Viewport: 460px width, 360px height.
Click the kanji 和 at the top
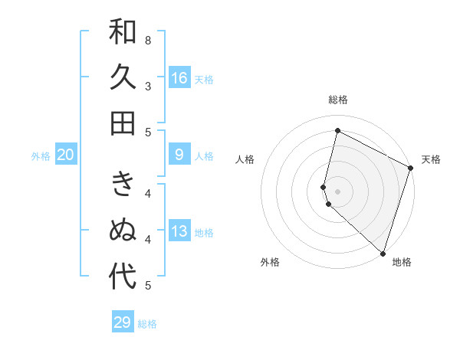click(x=123, y=33)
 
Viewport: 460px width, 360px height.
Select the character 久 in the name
click(x=123, y=77)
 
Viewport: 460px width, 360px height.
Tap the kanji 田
click(x=123, y=123)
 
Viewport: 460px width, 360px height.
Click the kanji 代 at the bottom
click(x=123, y=277)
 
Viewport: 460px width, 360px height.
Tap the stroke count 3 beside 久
click(x=148, y=87)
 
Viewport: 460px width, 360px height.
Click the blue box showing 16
click(x=179, y=78)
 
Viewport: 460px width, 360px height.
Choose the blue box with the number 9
click(x=179, y=155)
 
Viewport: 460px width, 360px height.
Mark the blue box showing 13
click(x=179, y=232)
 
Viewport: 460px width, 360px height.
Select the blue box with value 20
click(x=66, y=155)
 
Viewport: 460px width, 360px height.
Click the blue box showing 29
click(x=123, y=322)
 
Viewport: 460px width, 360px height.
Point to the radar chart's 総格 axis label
click(x=337, y=100)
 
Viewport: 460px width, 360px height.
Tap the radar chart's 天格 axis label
click(x=431, y=159)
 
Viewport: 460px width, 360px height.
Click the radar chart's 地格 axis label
click(x=402, y=262)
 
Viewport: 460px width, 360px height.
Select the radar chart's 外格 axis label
click(x=270, y=262)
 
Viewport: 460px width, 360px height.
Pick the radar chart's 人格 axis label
click(x=245, y=159)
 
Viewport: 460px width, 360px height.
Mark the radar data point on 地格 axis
click(x=383, y=253)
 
